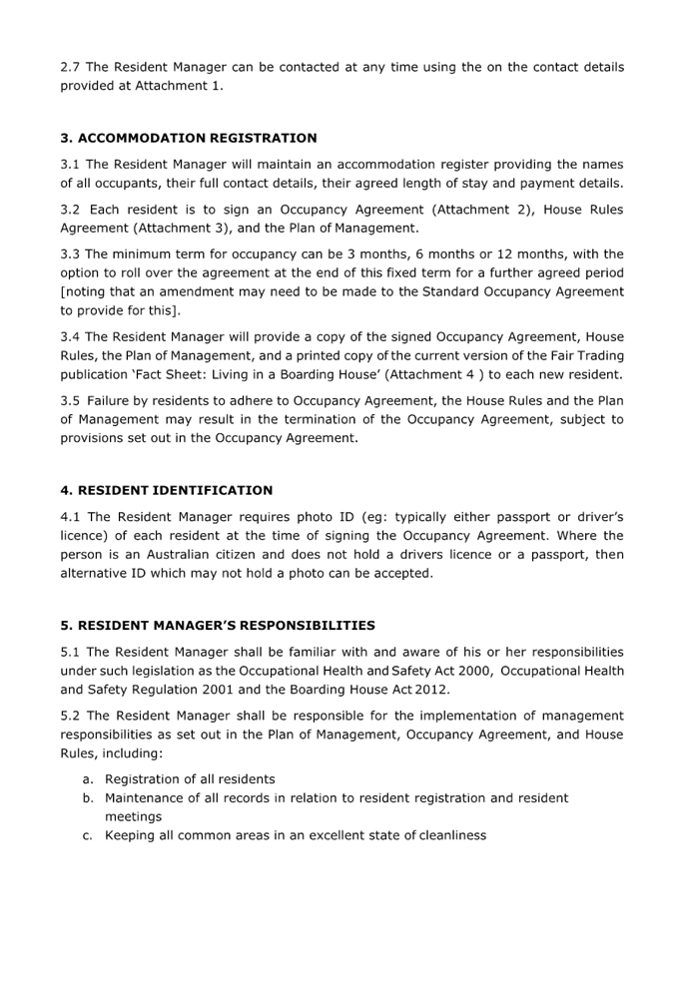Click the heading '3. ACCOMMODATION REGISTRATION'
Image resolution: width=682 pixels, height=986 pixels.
click(x=188, y=138)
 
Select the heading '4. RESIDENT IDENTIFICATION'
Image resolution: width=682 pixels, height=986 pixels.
click(x=166, y=490)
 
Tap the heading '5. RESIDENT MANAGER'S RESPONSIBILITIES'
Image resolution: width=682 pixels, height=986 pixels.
click(x=217, y=626)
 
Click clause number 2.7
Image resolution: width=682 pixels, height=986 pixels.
click(x=70, y=67)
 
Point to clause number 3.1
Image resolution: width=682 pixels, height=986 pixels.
click(x=70, y=164)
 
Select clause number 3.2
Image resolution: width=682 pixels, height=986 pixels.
click(x=70, y=210)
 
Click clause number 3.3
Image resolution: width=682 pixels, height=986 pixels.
click(x=70, y=253)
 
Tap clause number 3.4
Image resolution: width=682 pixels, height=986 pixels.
click(x=70, y=338)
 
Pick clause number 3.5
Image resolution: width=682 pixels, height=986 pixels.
click(x=70, y=400)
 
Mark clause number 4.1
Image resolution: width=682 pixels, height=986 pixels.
click(x=70, y=517)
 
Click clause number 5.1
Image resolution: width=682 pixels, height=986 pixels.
click(x=70, y=652)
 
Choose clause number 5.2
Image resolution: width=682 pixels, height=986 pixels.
click(x=70, y=716)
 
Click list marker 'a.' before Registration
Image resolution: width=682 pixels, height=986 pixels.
click(x=88, y=778)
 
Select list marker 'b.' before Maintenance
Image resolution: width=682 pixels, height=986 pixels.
click(x=88, y=797)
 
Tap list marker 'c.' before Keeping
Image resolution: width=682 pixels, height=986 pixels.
click(x=88, y=834)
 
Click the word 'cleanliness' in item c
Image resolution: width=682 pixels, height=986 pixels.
click(x=453, y=834)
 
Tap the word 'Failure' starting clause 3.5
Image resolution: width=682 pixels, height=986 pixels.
click(x=106, y=400)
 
